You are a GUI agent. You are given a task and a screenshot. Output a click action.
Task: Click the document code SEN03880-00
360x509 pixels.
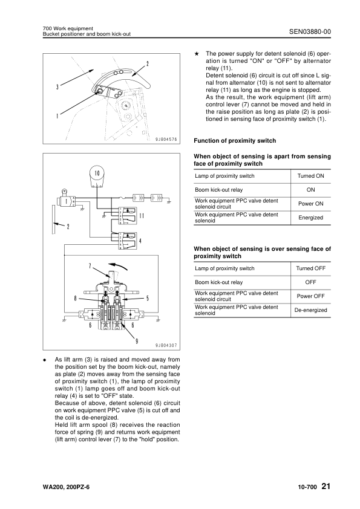310,31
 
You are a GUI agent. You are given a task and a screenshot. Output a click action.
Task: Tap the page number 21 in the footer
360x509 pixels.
326,486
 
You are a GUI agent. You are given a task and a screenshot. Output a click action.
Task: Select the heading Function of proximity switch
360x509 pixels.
235,141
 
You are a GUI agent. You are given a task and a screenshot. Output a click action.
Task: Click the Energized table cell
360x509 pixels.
310,218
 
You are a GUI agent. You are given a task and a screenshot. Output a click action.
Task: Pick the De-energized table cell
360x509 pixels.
310,310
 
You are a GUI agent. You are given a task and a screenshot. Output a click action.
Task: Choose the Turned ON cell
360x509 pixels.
310,176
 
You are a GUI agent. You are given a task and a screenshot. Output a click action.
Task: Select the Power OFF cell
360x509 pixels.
310,296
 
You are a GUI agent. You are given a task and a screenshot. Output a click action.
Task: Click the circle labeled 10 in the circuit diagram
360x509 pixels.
97,173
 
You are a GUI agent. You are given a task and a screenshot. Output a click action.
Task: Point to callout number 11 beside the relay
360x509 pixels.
142,216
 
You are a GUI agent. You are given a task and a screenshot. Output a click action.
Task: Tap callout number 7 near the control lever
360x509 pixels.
90,266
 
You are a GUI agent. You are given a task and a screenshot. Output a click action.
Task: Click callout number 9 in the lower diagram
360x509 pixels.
137,341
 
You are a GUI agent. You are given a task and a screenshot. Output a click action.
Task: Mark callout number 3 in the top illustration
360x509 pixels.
57,87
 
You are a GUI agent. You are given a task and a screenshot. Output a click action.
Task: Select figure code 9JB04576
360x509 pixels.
166,139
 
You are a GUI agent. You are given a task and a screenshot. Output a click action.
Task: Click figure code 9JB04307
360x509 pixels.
166,345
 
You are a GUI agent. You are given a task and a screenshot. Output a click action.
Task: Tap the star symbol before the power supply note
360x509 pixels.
197,54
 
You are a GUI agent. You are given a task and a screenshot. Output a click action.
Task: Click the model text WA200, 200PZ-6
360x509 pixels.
66,487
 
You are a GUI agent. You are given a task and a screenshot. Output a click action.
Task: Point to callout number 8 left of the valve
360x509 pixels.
76,298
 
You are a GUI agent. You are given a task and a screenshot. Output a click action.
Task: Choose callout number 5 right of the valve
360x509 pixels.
148,298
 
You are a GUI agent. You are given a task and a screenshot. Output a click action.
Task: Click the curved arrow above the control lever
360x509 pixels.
117,265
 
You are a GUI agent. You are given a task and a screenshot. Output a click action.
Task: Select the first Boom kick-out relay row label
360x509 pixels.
218,190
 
